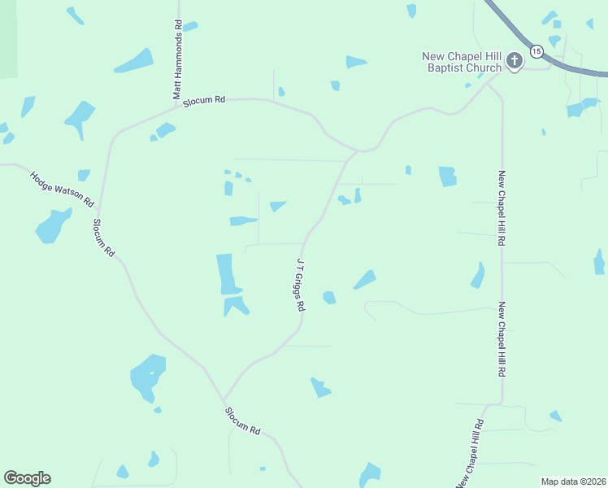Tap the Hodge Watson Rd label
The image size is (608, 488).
(x=63, y=188)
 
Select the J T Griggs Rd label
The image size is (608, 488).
(x=300, y=285)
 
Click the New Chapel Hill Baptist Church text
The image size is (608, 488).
(x=460, y=62)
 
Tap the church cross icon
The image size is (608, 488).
(x=514, y=61)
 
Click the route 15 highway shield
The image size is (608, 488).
(x=536, y=51)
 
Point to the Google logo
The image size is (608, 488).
(x=27, y=478)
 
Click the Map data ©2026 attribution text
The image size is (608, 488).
(x=573, y=481)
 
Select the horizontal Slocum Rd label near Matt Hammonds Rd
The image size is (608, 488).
(x=204, y=99)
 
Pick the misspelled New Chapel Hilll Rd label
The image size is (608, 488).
(x=502, y=339)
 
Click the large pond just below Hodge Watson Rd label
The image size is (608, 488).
(x=53, y=225)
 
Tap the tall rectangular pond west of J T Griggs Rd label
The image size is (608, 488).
(x=225, y=274)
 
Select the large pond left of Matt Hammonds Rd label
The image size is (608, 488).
(x=133, y=61)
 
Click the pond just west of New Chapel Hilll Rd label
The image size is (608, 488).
(x=478, y=277)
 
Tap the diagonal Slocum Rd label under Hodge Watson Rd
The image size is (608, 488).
(x=104, y=237)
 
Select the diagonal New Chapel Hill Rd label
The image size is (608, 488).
(x=470, y=452)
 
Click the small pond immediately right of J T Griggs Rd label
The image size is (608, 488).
(x=329, y=298)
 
